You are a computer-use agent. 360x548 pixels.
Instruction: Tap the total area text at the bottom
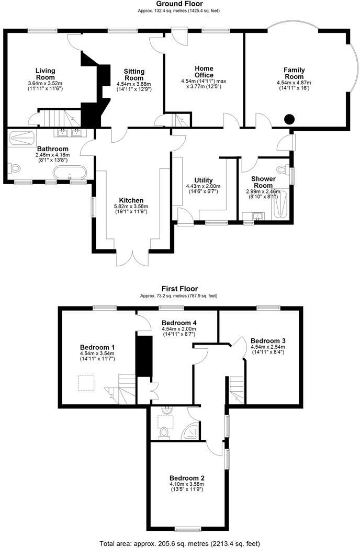tap(179, 543)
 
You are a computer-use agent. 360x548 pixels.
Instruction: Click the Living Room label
tap(45, 71)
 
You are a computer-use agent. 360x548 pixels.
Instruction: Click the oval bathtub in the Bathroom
tap(70, 172)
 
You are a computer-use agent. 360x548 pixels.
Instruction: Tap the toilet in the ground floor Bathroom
tap(14, 168)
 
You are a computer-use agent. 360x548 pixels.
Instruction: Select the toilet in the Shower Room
tap(283, 170)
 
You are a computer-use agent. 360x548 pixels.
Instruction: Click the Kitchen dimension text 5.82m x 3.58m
tap(132, 206)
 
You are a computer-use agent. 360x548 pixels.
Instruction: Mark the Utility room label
tap(203, 180)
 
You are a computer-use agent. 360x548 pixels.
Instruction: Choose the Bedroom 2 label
tap(187, 477)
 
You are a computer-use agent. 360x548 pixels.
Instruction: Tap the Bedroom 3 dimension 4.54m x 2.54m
tap(268, 346)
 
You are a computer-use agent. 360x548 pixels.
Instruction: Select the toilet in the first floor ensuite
tap(164, 432)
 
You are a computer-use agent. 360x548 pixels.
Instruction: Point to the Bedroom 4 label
tap(179, 322)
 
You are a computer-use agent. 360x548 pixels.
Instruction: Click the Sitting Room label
tap(134, 75)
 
